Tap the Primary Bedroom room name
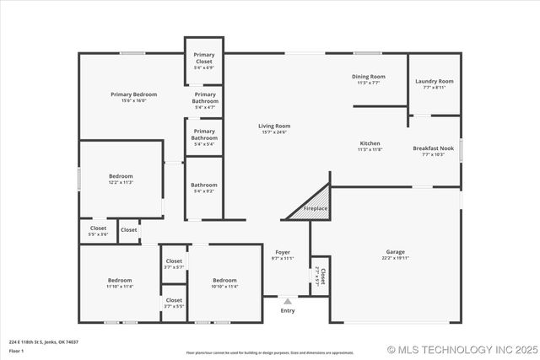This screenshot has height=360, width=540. pos(133,97)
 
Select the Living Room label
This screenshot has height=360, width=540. pos(274,128)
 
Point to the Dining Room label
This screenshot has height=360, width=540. pos(368,79)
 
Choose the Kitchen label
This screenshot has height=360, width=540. pos(370,146)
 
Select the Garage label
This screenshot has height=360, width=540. pos(395,255)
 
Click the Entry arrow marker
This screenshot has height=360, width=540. pos(288,300)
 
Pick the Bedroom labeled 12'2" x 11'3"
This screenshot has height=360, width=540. pos(121,179)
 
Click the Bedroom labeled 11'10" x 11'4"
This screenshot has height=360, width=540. pos(119,282)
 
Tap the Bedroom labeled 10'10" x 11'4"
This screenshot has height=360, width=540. pos(224,282)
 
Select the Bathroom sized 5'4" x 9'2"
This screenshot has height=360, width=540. pos(203,187)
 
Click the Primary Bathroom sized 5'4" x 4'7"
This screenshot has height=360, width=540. pos(204,100)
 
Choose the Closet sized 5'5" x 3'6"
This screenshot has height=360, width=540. pos(99,230)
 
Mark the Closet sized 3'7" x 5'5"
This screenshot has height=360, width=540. pos(174,303)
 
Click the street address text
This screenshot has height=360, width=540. pos(44,342)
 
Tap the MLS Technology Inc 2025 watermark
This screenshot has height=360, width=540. pos(462,349)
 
